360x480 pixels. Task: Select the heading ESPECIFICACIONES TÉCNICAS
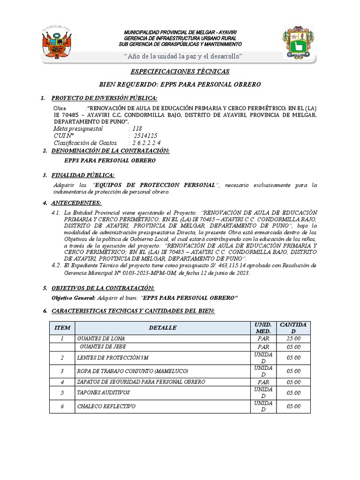[180, 72]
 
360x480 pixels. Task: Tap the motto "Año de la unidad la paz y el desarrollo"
[182, 56]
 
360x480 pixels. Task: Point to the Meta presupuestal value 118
[136, 128]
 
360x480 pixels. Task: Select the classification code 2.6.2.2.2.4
[147, 142]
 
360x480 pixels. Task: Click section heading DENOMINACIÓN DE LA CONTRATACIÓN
[110, 150]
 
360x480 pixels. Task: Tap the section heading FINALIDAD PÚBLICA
[83, 175]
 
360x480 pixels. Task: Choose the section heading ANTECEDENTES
[76, 202]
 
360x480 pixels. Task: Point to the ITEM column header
[62, 328]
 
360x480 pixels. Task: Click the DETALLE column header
[163, 328]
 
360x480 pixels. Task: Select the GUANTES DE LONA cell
[101, 338]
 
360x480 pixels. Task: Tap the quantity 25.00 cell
[293, 338]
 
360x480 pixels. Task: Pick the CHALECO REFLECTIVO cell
[106, 406]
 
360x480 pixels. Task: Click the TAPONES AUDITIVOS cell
[103, 392]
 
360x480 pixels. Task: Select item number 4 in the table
[62, 382]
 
